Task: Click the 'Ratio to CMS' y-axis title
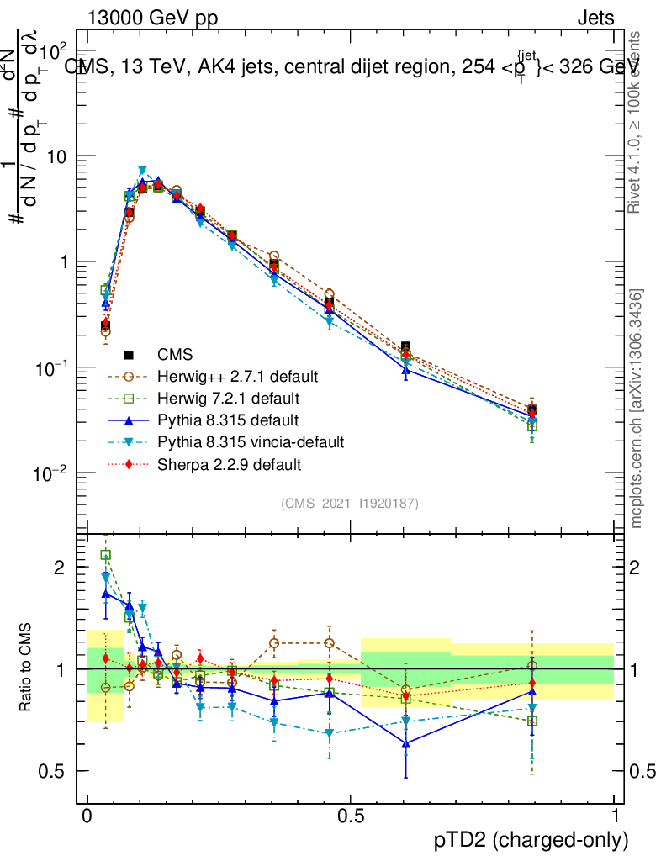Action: click(x=27, y=668)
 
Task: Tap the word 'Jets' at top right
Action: click(x=595, y=18)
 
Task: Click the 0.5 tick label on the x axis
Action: click(x=351, y=816)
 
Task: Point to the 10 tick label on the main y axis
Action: click(x=57, y=156)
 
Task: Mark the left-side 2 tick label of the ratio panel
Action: click(x=59, y=567)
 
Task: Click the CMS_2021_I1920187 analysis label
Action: click(x=350, y=504)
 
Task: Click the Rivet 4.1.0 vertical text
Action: click(x=637, y=122)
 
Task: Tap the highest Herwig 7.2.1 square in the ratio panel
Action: click(x=106, y=555)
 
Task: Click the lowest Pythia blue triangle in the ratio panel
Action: click(x=406, y=743)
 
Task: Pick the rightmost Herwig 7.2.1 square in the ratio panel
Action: click(x=532, y=721)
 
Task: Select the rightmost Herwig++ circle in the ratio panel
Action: click(x=532, y=665)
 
